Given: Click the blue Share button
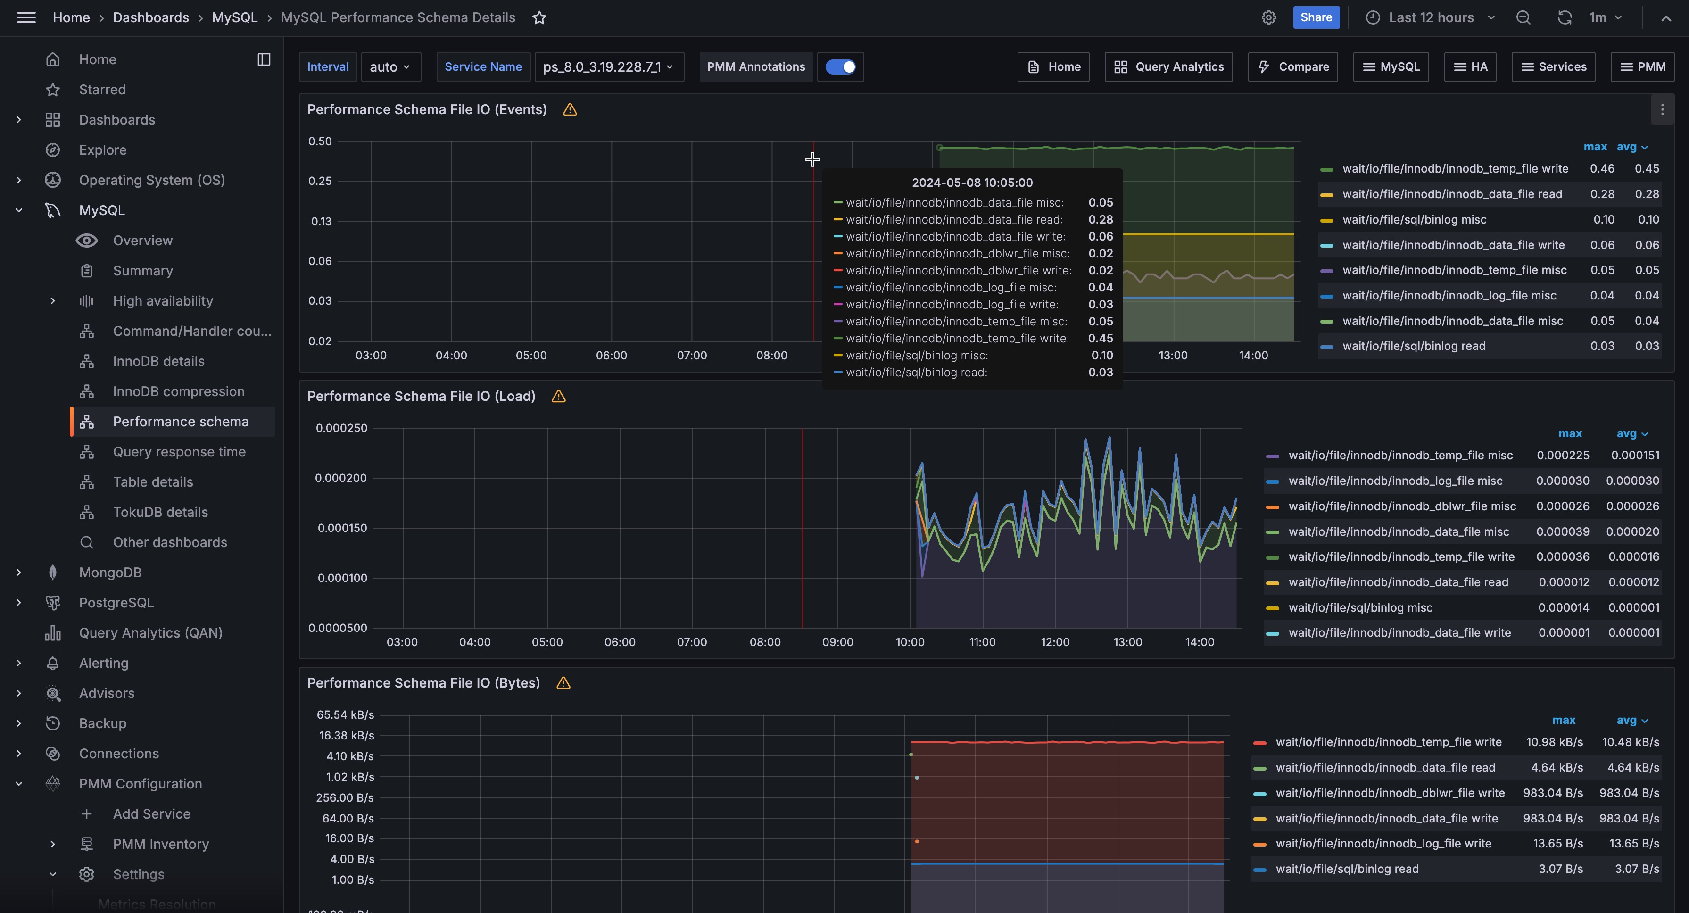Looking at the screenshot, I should [1315, 18].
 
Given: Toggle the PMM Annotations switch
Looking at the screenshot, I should [840, 67].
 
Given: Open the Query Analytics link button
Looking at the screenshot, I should [1168, 67].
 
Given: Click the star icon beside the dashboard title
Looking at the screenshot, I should [539, 18].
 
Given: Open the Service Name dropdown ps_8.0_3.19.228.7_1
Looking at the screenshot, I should [608, 67].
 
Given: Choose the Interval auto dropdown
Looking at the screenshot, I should [390, 67].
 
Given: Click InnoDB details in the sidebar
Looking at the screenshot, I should [158, 361].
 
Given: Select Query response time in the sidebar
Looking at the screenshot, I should [179, 452].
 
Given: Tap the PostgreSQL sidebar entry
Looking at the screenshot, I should [116, 603].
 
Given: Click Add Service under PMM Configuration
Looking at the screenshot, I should [151, 814].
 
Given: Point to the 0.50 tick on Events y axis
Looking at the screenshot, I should [320, 141].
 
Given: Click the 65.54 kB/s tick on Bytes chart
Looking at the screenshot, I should [345, 715].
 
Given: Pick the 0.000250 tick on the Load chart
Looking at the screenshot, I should [341, 428].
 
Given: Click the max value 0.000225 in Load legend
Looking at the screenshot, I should [1563, 455].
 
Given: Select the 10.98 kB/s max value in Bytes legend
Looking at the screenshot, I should [1554, 742].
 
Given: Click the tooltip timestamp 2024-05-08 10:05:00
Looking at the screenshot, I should [972, 183].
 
